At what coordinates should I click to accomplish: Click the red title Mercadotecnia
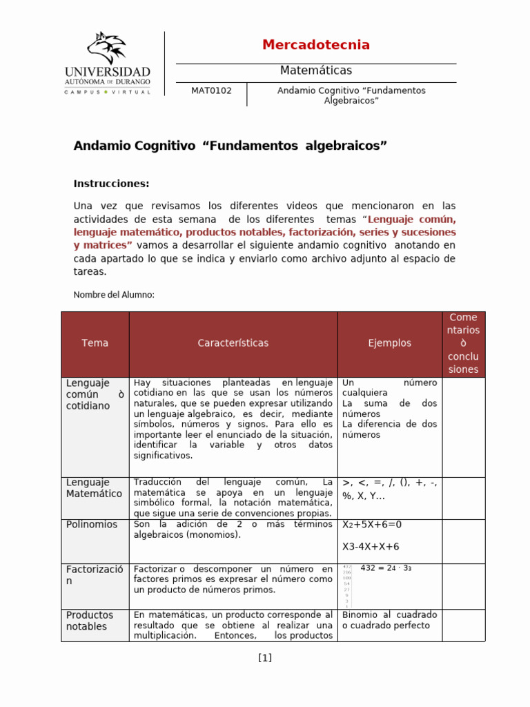(316, 45)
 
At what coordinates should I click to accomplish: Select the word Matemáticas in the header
(316, 70)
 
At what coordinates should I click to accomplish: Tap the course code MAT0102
(211, 90)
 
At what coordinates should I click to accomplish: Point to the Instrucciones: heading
(111, 184)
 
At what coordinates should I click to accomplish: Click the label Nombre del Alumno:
(114, 295)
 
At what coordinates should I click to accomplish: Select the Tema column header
(95, 343)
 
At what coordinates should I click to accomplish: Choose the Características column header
(233, 343)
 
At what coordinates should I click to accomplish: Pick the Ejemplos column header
(389, 343)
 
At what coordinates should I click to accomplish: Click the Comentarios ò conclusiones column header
(463, 343)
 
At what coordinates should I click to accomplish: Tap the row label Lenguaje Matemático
(95, 487)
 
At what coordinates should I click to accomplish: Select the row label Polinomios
(92, 525)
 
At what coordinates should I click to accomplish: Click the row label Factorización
(95, 575)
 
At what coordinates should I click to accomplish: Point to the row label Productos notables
(90, 621)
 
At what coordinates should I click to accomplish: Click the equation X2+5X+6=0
(372, 525)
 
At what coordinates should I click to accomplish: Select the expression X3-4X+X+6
(371, 547)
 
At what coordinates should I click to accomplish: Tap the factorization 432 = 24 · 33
(386, 568)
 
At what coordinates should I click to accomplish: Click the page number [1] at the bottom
(265, 658)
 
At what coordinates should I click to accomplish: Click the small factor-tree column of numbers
(346, 586)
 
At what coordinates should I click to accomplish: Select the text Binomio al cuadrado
(390, 614)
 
